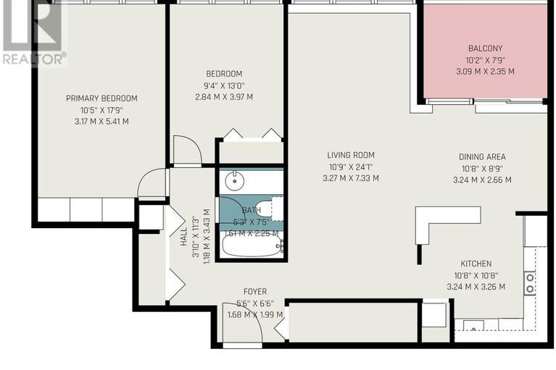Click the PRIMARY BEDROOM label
[x=101, y=98]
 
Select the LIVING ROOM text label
[x=351, y=155]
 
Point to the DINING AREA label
[x=482, y=157]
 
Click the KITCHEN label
[x=476, y=264]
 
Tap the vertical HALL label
[x=183, y=236]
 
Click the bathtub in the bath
[x=251, y=246]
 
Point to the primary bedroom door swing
[x=154, y=183]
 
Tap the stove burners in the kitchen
[x=530, y=282]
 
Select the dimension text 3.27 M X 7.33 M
[x=351, y=178]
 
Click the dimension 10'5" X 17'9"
[x=101, y=110]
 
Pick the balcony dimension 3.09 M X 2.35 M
[x=485, y=72]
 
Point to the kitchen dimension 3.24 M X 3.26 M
[x=476, y=287]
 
